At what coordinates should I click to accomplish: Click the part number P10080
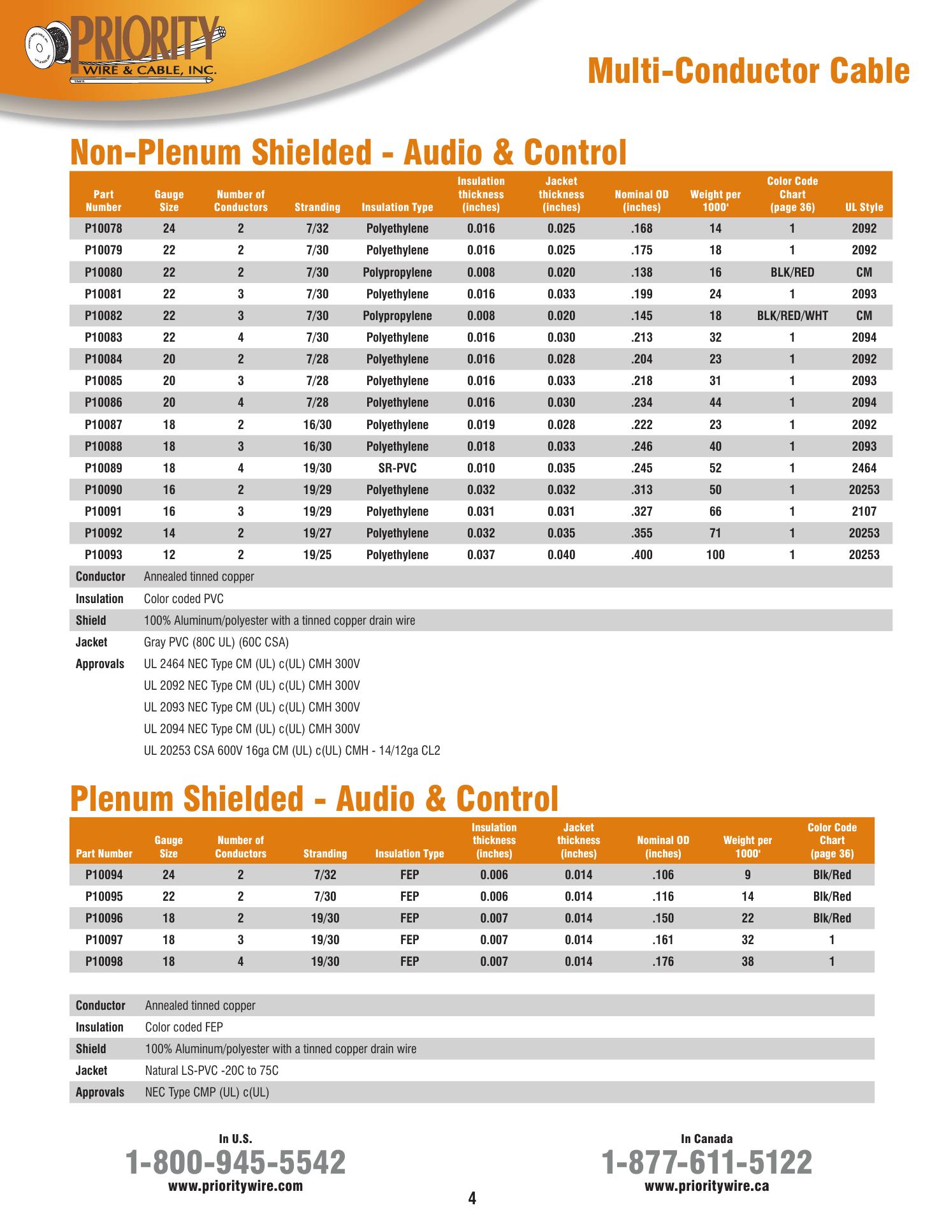tap(103, 272)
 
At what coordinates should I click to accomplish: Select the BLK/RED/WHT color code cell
tap(792, 316)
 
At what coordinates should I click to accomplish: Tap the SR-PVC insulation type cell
tap(397, 468)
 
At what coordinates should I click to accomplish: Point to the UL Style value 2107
tap(864, 511)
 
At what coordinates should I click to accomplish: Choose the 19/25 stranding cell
tap(317, 555)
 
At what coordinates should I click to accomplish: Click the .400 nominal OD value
tap(641, 555)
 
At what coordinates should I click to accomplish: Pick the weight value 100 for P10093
tap(715, 555)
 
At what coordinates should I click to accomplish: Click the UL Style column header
tap(864, 207)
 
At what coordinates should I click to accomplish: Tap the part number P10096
tap(104, 918)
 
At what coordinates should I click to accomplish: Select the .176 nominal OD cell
tap(663, 961)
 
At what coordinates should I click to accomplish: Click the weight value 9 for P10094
tap(747, 875)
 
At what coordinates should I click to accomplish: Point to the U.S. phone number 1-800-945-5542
tap(236, 1162)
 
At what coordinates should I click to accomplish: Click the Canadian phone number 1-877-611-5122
tap(707, 1162)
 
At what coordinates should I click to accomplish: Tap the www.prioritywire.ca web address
tap(707, 1186)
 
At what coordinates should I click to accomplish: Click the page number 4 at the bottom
tap(472, 1198)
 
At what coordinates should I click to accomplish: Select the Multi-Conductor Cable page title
tap(748, 71)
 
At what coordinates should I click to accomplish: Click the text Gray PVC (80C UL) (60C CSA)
tap(216, 642)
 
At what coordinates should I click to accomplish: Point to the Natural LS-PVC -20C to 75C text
tap(212, 1070)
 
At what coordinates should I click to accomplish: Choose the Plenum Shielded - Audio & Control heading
tap(314, 799)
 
